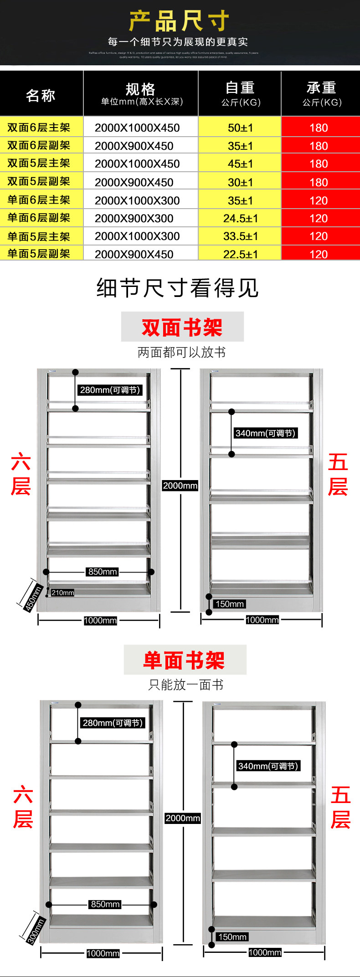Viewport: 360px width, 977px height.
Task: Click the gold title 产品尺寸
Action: [179, 21]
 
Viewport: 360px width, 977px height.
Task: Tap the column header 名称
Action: [41, 95]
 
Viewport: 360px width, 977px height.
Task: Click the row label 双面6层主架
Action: [39, 128]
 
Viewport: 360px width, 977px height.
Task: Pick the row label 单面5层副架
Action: [39, 254]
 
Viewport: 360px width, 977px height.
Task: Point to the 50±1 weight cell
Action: [240, 128]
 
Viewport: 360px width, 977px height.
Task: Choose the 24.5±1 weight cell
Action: [240, 219]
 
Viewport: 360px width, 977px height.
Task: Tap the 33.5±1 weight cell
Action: [240, 236]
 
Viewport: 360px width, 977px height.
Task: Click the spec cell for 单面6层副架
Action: [134, 219]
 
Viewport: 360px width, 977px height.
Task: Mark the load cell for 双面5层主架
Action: [319, 164]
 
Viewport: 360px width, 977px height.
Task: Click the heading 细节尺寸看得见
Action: [177, 288]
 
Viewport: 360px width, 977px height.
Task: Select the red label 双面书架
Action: [182, 327]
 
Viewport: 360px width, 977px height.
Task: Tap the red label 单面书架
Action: [185, 660]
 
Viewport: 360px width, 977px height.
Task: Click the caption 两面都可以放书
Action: [182, 352]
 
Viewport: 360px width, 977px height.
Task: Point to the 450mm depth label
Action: [33, 598]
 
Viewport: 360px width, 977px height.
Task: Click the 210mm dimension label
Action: [62, 593]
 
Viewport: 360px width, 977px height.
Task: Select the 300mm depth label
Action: [35, 931]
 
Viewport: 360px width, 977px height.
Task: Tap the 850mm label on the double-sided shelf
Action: [103, 572]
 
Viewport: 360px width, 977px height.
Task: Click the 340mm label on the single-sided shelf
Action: [268, 766]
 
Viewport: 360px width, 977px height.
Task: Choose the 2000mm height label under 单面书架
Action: [183, 818]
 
